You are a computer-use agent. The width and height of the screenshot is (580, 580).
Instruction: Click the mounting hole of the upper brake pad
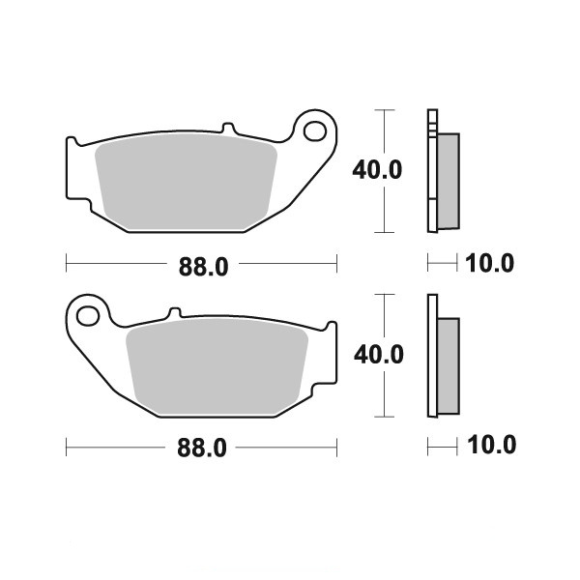tap(315, 130)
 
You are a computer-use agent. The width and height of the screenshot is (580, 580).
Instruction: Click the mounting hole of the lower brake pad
tap(88, 316)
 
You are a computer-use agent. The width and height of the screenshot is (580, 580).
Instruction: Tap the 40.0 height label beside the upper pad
tap(377, 170)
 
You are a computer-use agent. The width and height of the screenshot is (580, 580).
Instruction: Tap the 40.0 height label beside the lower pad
tap(379, 355)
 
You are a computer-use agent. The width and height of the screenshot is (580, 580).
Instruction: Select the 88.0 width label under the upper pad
tap(203, 267)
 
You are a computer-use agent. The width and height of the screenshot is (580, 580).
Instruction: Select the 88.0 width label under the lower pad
tap(202, 448)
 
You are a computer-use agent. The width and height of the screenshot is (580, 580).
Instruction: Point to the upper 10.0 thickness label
tap(489, 263)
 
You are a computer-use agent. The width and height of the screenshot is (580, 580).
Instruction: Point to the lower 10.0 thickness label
tap(492, 445)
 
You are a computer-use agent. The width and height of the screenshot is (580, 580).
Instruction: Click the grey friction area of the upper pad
tap(186, 182)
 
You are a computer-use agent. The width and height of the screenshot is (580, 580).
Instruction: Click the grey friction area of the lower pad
tap(217, 366)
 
